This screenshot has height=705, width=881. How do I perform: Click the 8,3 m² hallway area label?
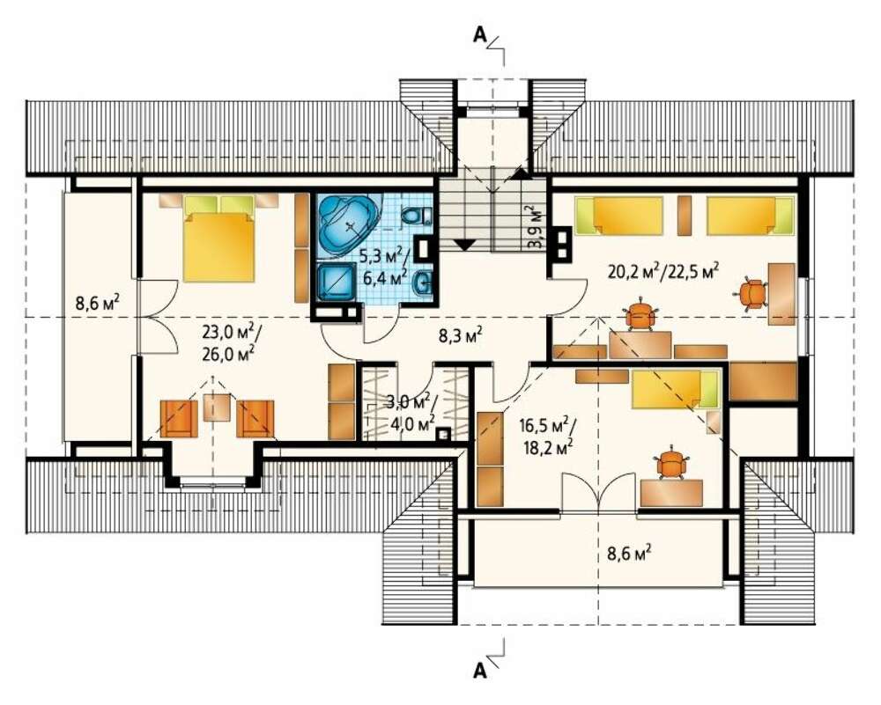pos(461,337)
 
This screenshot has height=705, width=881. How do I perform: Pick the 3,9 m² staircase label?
pos(536,227)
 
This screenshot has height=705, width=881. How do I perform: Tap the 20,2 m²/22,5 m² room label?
pos(664,271)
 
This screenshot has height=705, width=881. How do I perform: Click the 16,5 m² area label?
pos(544,424)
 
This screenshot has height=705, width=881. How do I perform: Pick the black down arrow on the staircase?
pos(464,244)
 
